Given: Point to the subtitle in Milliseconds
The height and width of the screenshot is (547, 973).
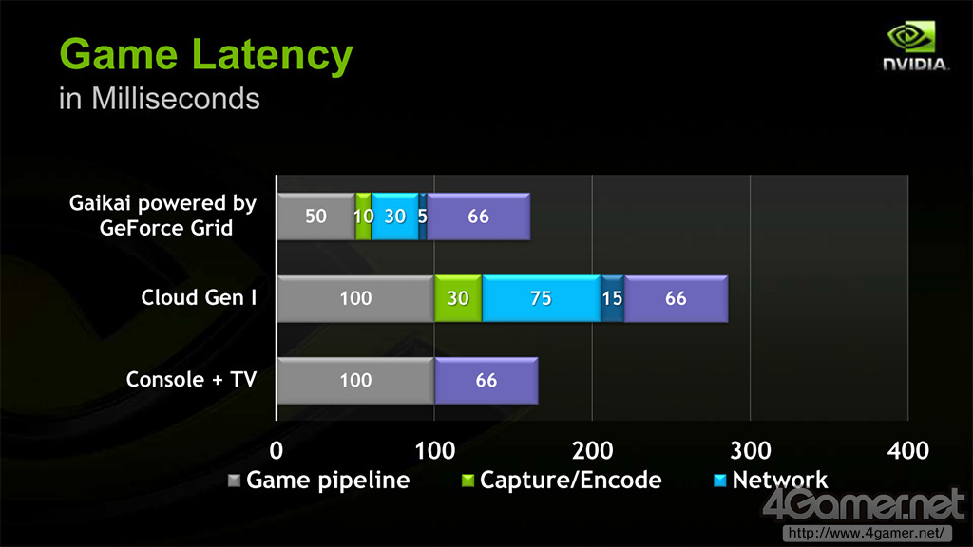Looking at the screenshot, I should click(159, 99).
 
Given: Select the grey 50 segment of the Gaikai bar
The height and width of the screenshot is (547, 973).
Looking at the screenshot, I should click(315, 217).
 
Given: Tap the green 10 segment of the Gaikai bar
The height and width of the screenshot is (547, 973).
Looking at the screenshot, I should click(363, 217).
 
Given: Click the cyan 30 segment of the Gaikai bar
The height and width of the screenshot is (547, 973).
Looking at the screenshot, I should click(394, 217).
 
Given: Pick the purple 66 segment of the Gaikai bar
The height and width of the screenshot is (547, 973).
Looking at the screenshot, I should click(478, 217).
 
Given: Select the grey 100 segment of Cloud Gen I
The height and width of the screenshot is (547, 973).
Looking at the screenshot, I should click(355, 298).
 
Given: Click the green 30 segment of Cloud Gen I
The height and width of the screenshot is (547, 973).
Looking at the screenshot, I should click(458, 298).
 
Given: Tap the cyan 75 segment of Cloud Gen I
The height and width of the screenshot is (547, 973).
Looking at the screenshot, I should click(541, 298).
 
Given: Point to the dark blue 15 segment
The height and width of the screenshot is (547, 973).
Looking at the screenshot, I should click(612, 298).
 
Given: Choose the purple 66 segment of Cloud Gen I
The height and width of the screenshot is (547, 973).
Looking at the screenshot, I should click(676, 298).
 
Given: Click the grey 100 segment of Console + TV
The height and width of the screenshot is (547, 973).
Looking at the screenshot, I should click(355, 381).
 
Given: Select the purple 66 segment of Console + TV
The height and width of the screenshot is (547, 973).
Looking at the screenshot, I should click(486, 381).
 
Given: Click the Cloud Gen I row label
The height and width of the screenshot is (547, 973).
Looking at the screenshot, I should click(199, 297).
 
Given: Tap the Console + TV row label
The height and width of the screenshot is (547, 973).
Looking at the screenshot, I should click(192, 380).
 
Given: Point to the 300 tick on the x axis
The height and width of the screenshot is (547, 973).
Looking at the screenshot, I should click(750, 449).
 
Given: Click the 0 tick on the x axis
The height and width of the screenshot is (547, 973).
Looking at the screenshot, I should click(277, 449).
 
